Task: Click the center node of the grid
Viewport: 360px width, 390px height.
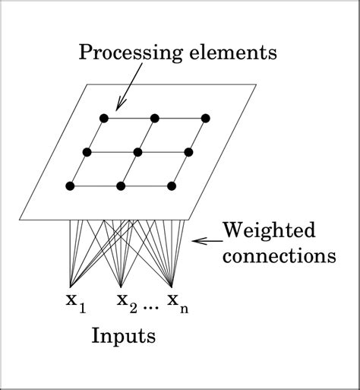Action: point(137,152)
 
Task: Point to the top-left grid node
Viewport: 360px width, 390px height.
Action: point(103,118)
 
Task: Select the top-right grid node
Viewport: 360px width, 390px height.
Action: point(205,118)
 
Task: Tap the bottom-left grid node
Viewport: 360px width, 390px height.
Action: point(70,185)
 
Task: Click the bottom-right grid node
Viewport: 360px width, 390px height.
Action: point(172,185)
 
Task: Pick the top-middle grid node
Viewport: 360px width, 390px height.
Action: point(154,118)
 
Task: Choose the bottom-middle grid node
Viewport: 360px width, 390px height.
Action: point(121,185)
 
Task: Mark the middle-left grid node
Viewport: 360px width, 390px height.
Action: point(87,152)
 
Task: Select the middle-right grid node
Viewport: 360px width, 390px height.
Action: point(188,152)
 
